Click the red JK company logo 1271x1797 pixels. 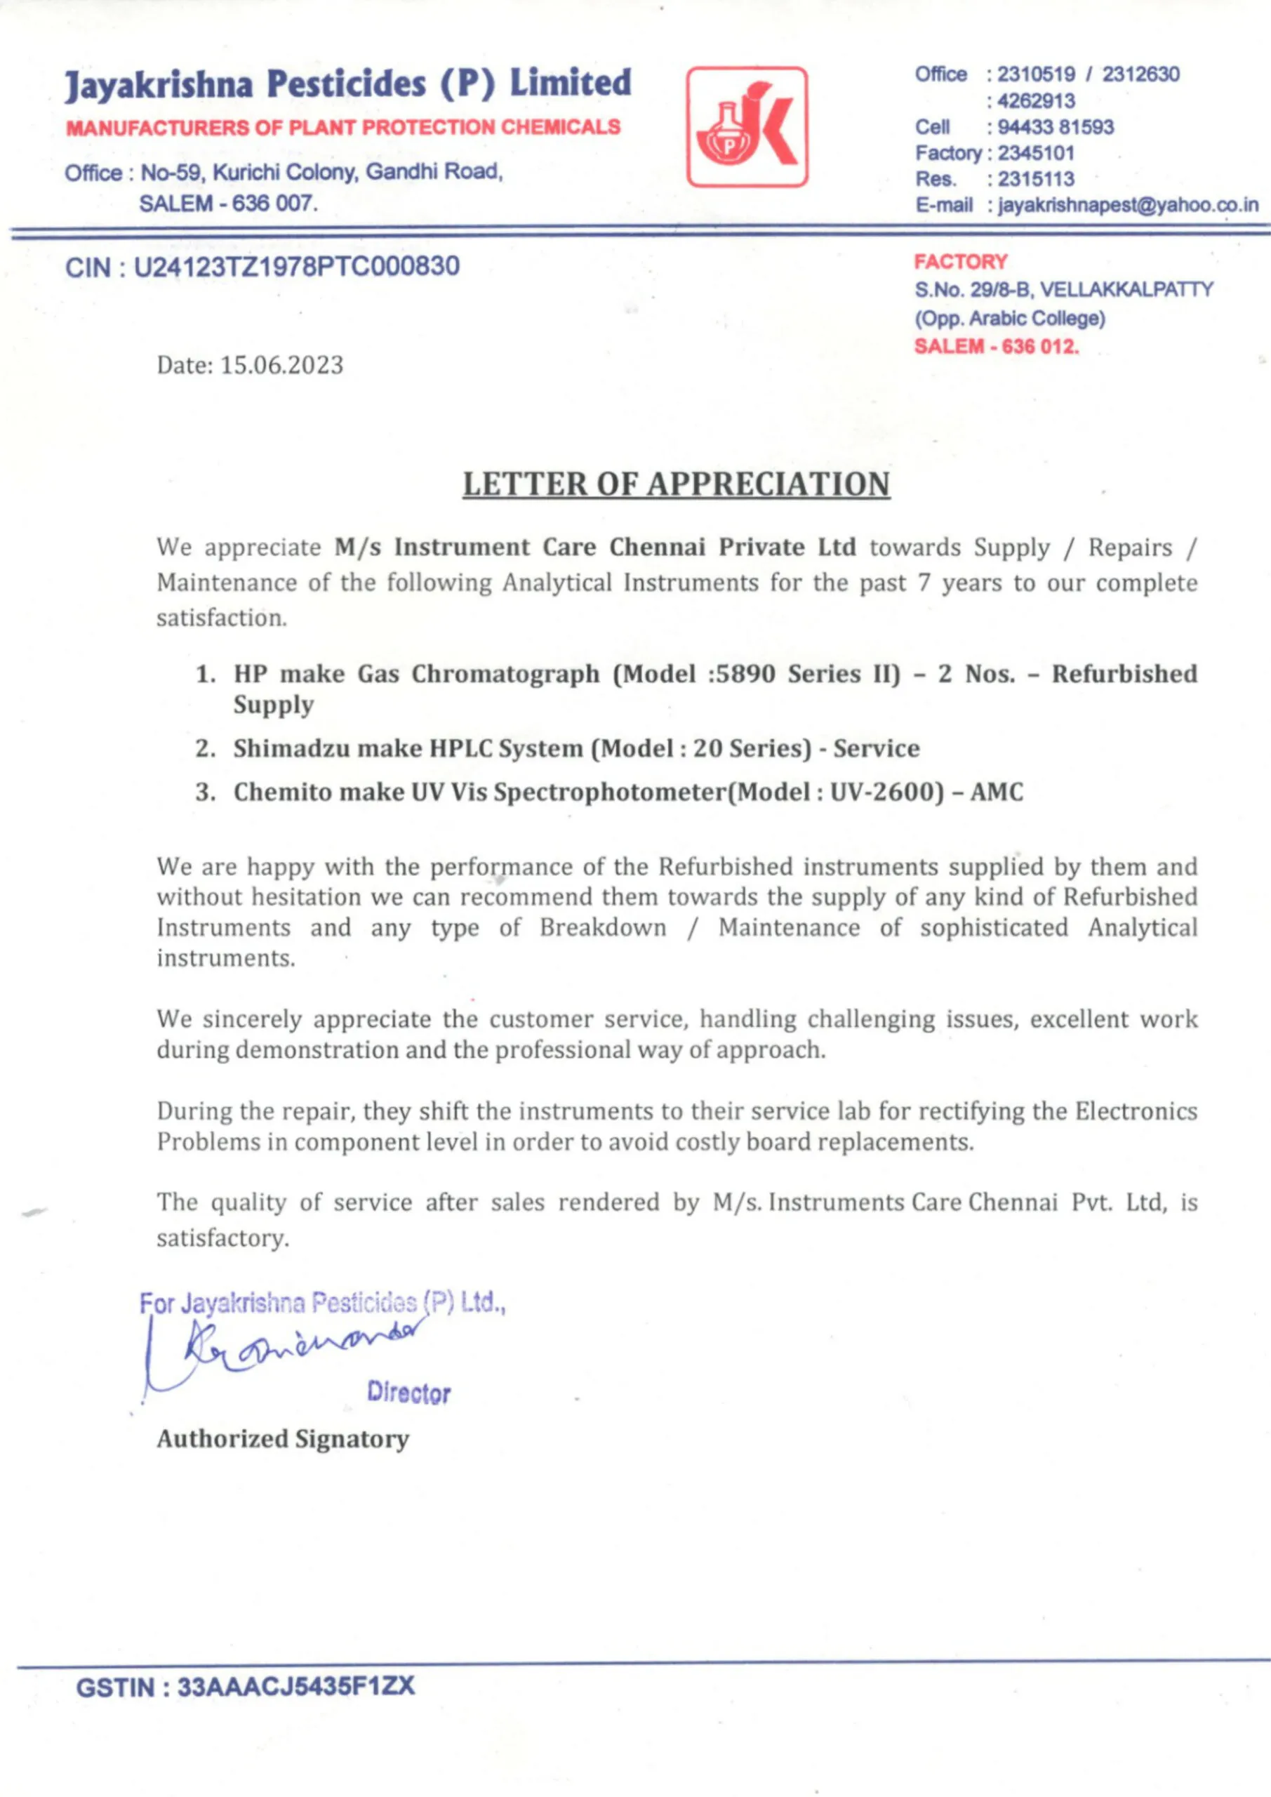pos(747,127)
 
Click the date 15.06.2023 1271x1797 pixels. pos(281,366)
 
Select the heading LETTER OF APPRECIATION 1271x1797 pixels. pos(676,484)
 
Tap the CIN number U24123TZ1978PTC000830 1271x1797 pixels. pos(297,267)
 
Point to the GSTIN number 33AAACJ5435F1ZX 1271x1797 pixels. pos(296,1687)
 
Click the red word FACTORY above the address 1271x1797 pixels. pos(960,261)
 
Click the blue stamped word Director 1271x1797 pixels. pos(408,1393)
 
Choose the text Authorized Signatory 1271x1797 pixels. pos(283,1438)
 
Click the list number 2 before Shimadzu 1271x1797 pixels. pos(205,748)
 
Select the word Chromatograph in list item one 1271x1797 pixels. pos(505,674)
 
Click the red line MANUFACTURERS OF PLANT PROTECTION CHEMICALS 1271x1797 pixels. pos(342,127)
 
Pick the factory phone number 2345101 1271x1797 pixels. pos(1035,152)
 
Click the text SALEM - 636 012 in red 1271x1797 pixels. pos(997,346)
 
